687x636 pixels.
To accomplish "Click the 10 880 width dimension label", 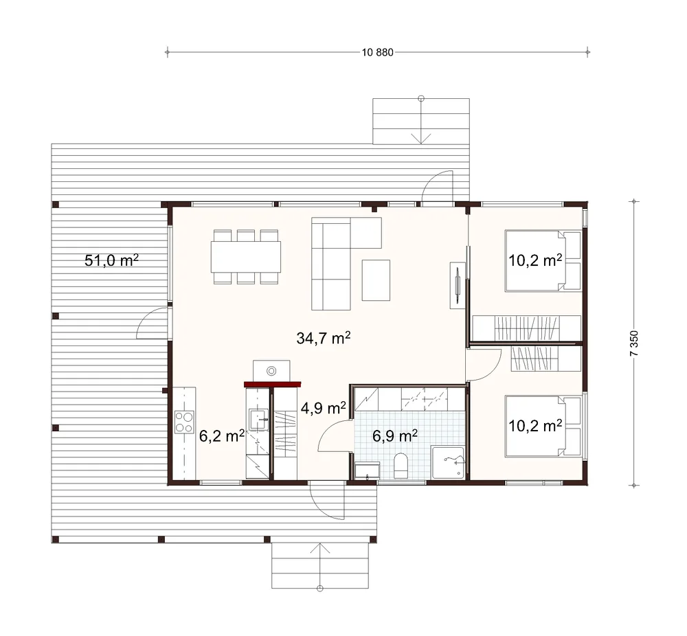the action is (378, 53).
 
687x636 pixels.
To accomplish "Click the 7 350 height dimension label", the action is (634, 343).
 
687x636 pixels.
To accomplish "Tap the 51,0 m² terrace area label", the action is (111, 260).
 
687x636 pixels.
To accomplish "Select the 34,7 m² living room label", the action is (324, 338).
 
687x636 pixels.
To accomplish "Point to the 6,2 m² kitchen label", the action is (222, 436).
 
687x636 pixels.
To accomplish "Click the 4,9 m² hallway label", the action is (324, 408).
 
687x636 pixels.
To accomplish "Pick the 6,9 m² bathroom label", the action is (395, 435).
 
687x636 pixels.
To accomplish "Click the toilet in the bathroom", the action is (401, 465).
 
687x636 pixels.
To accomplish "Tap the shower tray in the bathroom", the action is (447, 462).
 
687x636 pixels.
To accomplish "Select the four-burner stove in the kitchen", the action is (184, 422).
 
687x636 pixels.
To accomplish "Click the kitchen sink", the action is (258, 420).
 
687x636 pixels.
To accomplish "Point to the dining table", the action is (246, 257).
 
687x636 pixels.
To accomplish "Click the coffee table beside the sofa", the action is (376, 280).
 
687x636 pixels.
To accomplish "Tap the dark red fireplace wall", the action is (273, 385).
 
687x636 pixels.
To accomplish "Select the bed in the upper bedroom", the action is (543, 260).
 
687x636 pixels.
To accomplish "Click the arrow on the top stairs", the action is (421, 120).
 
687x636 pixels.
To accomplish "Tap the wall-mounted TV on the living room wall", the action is (458, 285).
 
